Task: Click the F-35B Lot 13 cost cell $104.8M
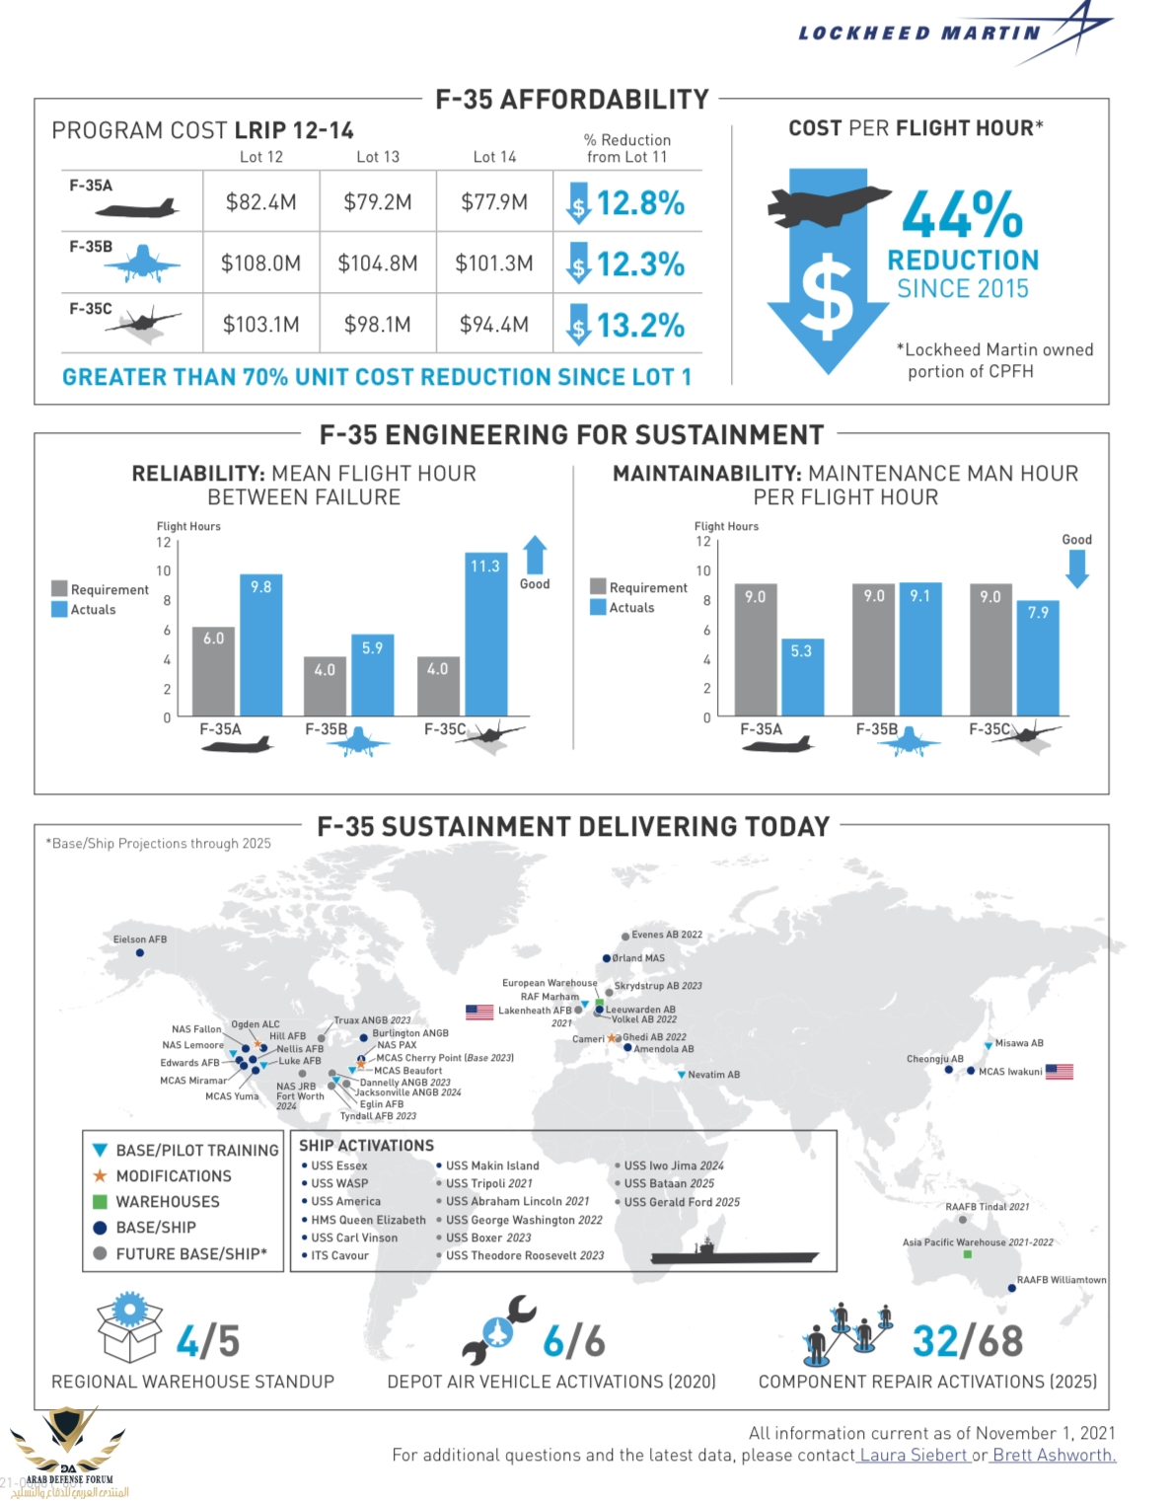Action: point(378,263)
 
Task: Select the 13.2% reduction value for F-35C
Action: point(640,325)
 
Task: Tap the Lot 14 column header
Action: point(494,157)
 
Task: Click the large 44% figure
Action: point(962,214)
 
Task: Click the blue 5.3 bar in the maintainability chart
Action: point(801,676)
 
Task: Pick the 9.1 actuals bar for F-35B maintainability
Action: point(919,648)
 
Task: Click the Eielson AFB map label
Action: point(139,939)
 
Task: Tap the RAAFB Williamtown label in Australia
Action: point(1062,1280)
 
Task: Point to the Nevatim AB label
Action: point(713,1075)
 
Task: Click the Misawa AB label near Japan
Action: point(1019,1043)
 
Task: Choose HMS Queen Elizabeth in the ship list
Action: point(369,1220)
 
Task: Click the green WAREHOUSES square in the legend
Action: point(100,1202)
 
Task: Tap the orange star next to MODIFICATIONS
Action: point(100,1176)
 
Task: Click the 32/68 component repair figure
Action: point(967,1341)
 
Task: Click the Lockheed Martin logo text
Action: point(919,34)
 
